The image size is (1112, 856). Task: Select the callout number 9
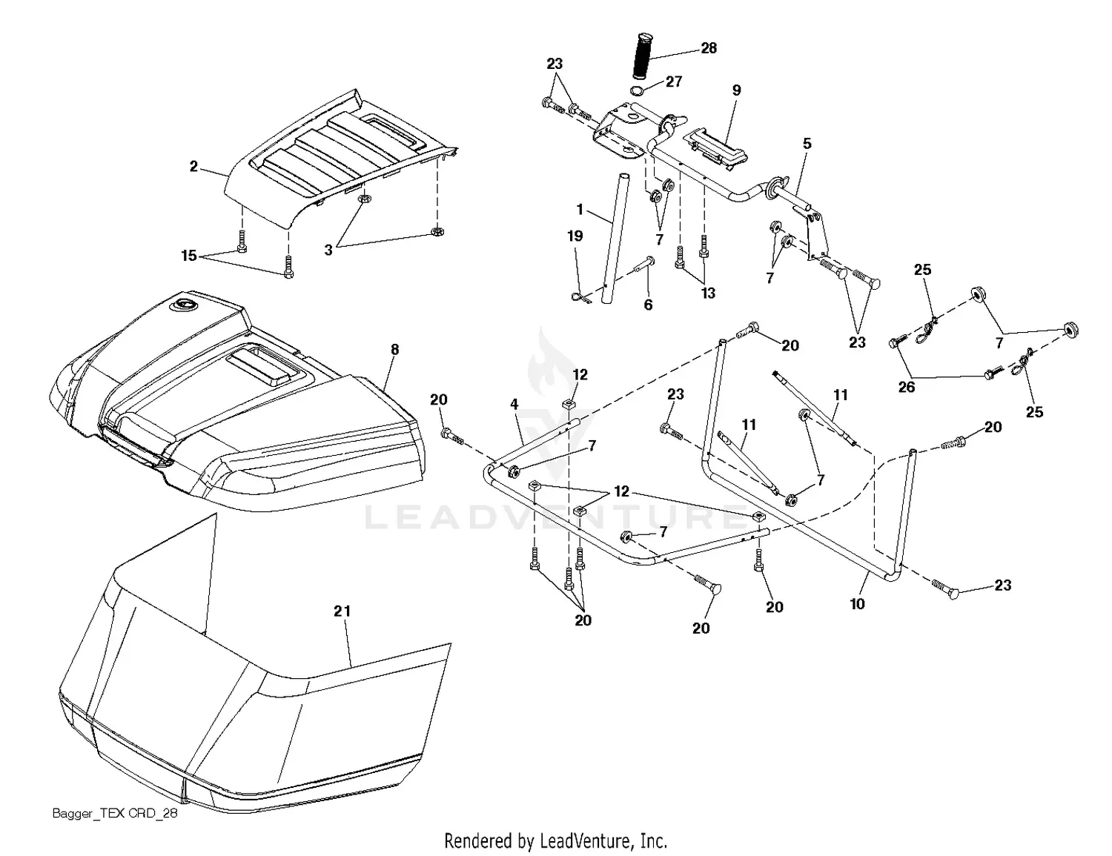(x=736, y=90)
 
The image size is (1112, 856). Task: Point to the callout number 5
(x=807, y=144)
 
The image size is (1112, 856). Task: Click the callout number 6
(x=648, y=305)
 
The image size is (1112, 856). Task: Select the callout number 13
(x=708, y=293)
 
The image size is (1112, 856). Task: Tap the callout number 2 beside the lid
(x=193, y=167)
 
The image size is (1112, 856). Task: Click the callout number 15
(x=189, y=256)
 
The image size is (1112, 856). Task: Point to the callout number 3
(x=328, y=251)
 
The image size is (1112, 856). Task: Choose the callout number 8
(x=394, y=350)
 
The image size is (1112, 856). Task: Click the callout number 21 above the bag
(x=342, y=611)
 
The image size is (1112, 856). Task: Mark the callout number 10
(x=857, y=604)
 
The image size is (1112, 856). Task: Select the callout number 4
(x=514, y=405)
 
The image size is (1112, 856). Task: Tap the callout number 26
(x=907, y=387)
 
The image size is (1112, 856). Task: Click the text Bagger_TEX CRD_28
(x=115, y=814)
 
